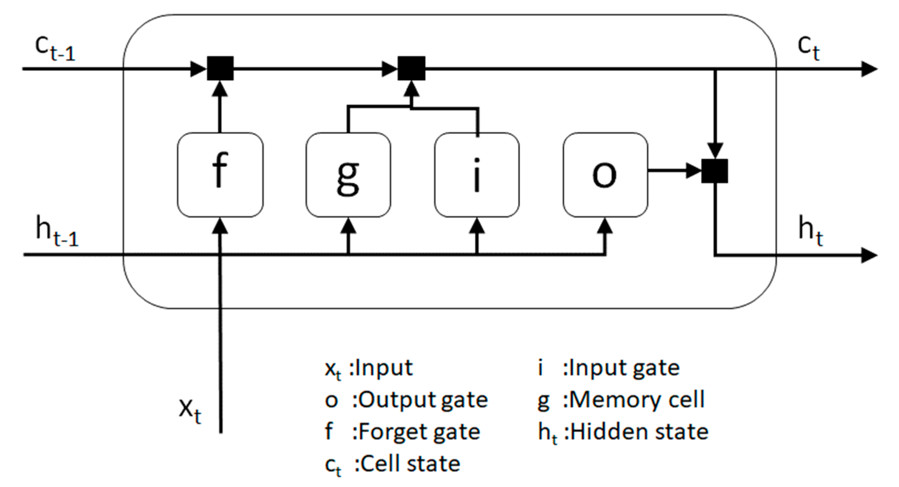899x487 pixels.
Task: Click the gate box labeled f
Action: click(x=220, y=175)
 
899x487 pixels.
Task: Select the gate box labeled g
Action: click(x=348, y=175)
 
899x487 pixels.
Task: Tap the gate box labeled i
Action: click(x=477, y=175)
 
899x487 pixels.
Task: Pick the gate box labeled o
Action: click(x=606, y=175)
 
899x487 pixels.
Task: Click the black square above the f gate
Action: click(x=220, y=68)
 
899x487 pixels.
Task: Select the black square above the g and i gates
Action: click(x=411, y=68)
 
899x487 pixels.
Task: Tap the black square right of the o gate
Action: click(x=715, y=171)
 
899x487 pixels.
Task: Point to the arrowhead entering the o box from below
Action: click(x=605, y=226)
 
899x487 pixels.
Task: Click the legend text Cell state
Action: click(x=407, y=464)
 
